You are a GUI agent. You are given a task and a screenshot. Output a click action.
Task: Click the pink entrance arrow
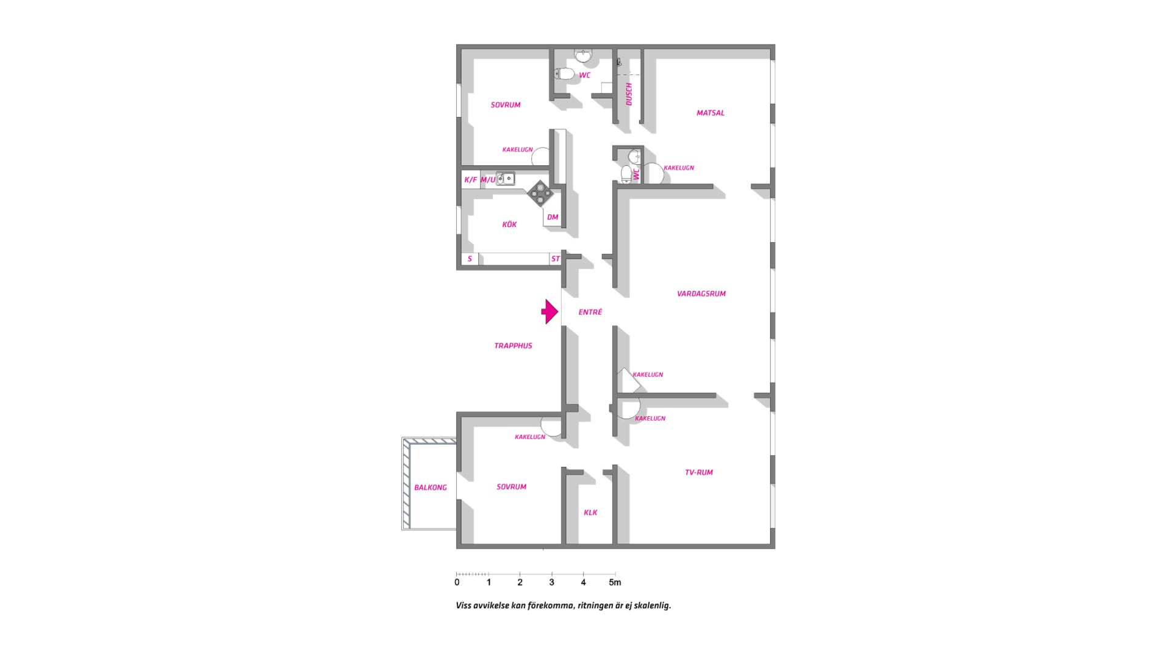click(x=550, y=312)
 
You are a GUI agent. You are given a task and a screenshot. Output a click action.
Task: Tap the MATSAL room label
click(x=711, y=113)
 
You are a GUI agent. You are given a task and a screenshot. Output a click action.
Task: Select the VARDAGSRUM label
click(x=701, y=293)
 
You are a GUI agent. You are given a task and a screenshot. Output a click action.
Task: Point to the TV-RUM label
click(x=699, y=472)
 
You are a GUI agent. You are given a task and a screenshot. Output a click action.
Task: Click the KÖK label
click(x=509, y=225)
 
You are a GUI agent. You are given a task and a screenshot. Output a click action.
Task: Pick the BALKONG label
click(x=431, y=488)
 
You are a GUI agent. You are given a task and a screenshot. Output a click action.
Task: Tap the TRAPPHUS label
click(x=513, y=346)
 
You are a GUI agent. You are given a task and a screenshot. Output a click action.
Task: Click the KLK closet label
click(x=590, y=513)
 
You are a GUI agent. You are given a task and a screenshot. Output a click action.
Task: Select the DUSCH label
click(x=629, y=94)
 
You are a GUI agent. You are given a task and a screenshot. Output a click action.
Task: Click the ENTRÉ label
click(x=590, y=312)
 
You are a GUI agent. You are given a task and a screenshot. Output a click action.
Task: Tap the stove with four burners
click(x=540, y=193)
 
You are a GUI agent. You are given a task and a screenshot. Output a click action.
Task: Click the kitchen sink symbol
click(x=506, y=179)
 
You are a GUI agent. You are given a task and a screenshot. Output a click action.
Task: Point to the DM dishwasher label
click(x=553, y=217)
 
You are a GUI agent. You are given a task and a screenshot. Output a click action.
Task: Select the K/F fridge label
click(x=471, y=180)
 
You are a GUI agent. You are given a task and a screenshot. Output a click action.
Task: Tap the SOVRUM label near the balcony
click(x=511, y=487)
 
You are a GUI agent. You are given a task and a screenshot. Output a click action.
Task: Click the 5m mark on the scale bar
click(x=615, y=583)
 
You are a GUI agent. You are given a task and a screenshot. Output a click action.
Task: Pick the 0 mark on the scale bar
click(x=457, y=583)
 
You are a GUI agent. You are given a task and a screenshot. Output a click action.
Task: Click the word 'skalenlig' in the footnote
click(x=654, y=606)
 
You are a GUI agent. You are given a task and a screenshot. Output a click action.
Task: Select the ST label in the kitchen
click(x=556, y=259)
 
